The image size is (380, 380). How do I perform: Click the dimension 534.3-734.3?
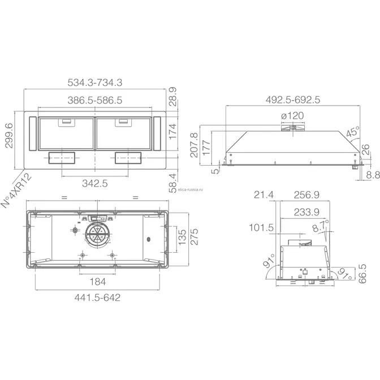pyautogui.click(x=95, y=83)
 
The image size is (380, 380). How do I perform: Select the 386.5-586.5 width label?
pyautogui.click(x=95, y=100)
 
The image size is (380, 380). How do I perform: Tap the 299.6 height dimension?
pyautogui.click(x=9, y=136)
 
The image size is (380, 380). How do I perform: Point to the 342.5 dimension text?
pyautogui.click(x=95, y=183)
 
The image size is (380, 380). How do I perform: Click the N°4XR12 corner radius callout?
pyautogui.click(x=16, y=191)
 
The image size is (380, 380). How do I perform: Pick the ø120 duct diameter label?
pyautogui.click(x=292, y=116)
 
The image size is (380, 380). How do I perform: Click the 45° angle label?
pyautogui.click(x=353, y=131)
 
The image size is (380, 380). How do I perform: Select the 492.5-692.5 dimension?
pyautogui.click(x=293, y=100)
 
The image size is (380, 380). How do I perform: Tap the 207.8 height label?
pyautogui.click(x=194, y=145)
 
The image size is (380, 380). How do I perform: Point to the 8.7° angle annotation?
pyautogui.click(x=321, y=226)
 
